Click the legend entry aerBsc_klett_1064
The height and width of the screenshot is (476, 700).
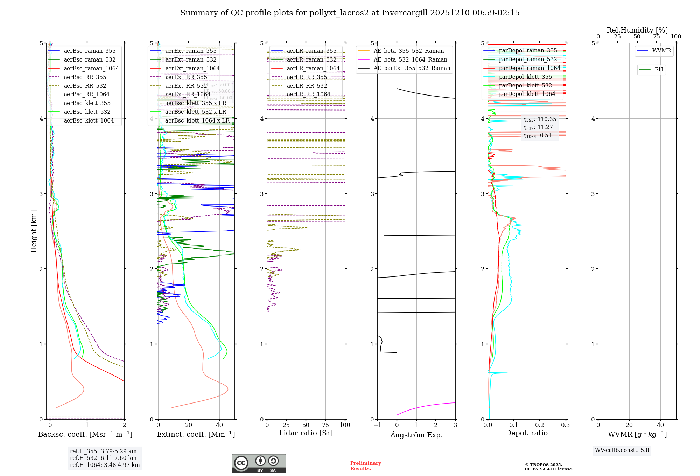pyautogui.click(x=89, y=120)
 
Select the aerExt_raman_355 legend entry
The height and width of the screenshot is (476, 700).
pyautogui.click(x=191, y=51)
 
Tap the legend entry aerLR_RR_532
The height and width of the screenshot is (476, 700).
pyautogui.click(x=307, y=86)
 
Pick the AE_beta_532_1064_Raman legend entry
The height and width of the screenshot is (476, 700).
pyautogui.click(x=410, y=59)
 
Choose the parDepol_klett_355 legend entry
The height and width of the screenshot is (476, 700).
pyautogui.click(x=525, y=77)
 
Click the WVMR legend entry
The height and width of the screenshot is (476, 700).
pyautogui.click(x=661, y=51)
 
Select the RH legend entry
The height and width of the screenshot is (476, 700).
pyautogui.click(x=659, y=70)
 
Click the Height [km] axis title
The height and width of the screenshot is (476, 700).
pyautogui.click(x=34, y=231)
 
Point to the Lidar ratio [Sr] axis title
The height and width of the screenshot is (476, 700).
pyautogui.click(x=306, y=433)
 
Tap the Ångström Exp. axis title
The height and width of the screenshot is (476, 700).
pyautogui.click(x=416, y=435)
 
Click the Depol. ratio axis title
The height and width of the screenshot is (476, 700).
pyautogui.click(x=526, y=433)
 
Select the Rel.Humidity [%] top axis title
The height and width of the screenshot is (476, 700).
pyautogui.click(x=637, y=30)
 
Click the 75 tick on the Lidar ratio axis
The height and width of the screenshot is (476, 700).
pyautogui.click(x=325, y=425)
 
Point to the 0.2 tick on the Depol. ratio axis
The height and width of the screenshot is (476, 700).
pyautogui.click(x=540, y=425)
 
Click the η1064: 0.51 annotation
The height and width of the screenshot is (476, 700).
pyautogui.click(x=537, y=135)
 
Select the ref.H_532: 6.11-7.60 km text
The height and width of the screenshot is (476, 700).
pyautogui.click(x=103, y=458)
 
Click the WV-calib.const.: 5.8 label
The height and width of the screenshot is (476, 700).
pyautogui.click(x=622, y=450)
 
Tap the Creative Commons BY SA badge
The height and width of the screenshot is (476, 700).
pyautogui.click(x=259, y=463)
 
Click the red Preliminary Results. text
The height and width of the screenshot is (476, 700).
pyautogui.click(x=365, y=465)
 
